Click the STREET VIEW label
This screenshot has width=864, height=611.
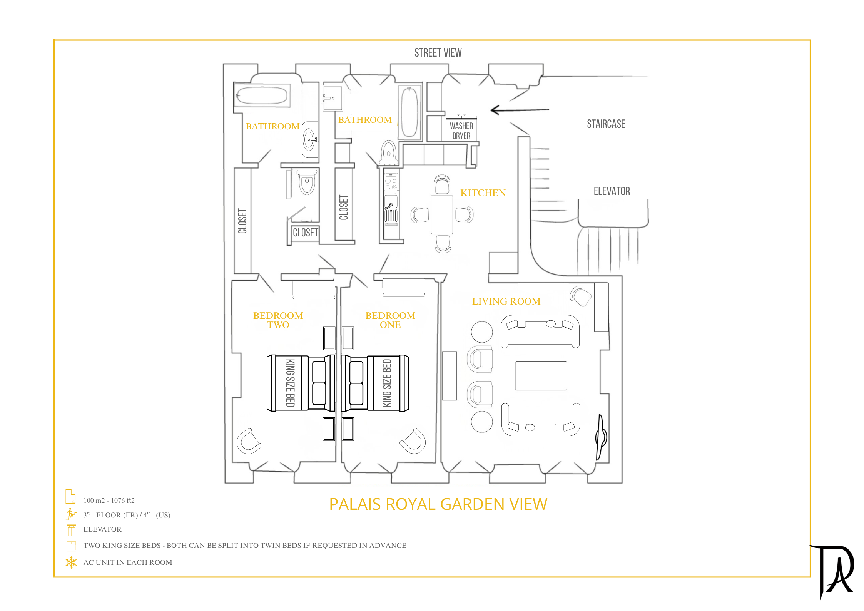pyautogui.click(x=438, y=52)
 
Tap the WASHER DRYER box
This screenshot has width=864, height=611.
pyautogui.click(x=461, y=129)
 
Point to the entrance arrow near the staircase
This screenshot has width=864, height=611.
pyautogui.click(x=520, y=110)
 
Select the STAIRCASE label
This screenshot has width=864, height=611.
pyautogui.click(x=606, y=124)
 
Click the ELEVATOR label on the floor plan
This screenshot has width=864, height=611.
pyautogui.click(x=612, y=191)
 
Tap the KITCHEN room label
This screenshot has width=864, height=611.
pyautogui.click(x=483, y=193)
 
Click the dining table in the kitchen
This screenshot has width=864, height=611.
pyautogui.click(x=442, y=214)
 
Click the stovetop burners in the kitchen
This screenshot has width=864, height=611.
pyautogui.click(x=391, y=182)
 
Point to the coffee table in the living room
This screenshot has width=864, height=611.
pyautogui.click(x=541, y=376)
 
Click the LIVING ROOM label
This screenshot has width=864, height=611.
pyautogui.click(x=506, y=301)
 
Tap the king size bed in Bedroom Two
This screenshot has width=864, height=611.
pyautogui.click(x=301, y=383)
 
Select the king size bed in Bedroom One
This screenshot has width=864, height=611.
pyautogui.click(x=375, y=383)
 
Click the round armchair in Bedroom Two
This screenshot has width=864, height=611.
pyautogui.click(x=249, y=441)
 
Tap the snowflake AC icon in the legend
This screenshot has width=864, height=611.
pyautogui.click(x=71, y=562)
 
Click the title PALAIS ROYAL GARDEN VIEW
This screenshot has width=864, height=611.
pyautogui.click(x=438, y=504)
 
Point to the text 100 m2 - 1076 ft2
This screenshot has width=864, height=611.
pyautogui.click(x=109, y=501)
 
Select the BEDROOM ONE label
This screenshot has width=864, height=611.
pyautogui.click(x=390, y=320)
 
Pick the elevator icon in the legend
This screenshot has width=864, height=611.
pyautogui.click(x=71, y=530)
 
